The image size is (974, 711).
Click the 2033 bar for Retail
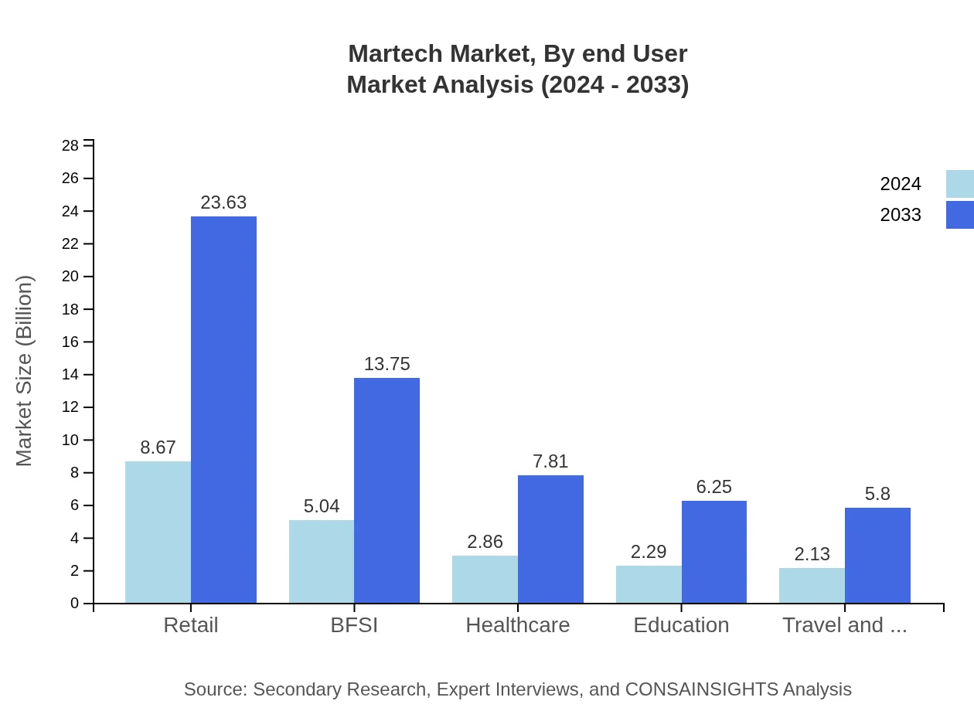pyautogui.click(x=223, y=410)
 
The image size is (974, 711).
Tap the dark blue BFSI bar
pyautogui.click(x=387, y=490)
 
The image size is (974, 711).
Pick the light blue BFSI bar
pyautogui.click(x=322, y=561)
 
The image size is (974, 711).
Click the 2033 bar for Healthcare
pyautogui.click(x=550, y=539)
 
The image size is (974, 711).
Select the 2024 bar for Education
pyautogui.click(x=649, y=584)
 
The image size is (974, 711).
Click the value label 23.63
pyautogui.click(x=223, y=202)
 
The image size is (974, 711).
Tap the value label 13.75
pyautogui.click(x=387, y=364)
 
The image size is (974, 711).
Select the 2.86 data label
pyautogui.click(x=485, y=542)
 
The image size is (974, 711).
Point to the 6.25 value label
pyautogui.click(x=713, y=487)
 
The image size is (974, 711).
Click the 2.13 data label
pyautogui.click(x=812, y=554)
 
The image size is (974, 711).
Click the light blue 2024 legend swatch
pyautogui.click(x=959, y=184)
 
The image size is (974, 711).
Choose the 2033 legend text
pyautogui.click(x=901, y=215)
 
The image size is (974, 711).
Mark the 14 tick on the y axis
pyautogui.click(x=70, y=375)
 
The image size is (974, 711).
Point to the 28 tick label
pyautogui.click(x=70, y=146)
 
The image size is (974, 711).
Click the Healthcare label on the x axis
pyautogui.click(x=517, y=625)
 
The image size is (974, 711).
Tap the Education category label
pyautogui.click(x=681, y=625)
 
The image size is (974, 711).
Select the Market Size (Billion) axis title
pyautogui.click(x=25, y=371)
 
